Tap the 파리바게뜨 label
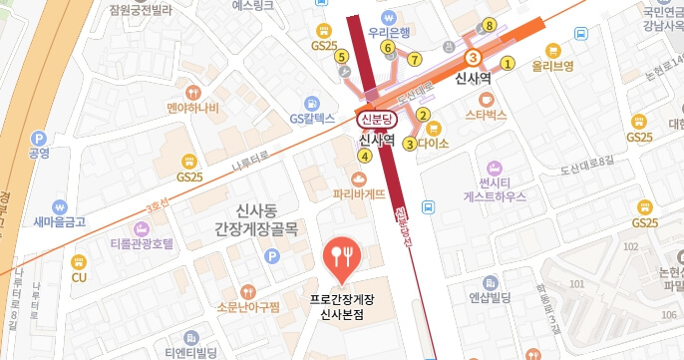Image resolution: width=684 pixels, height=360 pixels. (346, 195)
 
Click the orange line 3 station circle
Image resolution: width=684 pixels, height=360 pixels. (473, 58)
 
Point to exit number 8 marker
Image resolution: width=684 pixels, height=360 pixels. (489, 24)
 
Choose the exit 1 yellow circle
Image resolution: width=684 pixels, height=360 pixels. (507, 63)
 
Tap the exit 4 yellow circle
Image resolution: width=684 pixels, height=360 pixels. (365, 156)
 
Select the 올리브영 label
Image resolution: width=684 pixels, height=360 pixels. (553, 66)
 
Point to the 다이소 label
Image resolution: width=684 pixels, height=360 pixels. (435, 144)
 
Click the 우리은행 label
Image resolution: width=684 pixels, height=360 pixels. (391, 33)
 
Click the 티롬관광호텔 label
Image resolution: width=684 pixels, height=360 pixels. (142, 244)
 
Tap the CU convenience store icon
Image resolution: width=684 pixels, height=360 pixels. (80, 261)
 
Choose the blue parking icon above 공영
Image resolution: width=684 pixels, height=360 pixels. (39, 139)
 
